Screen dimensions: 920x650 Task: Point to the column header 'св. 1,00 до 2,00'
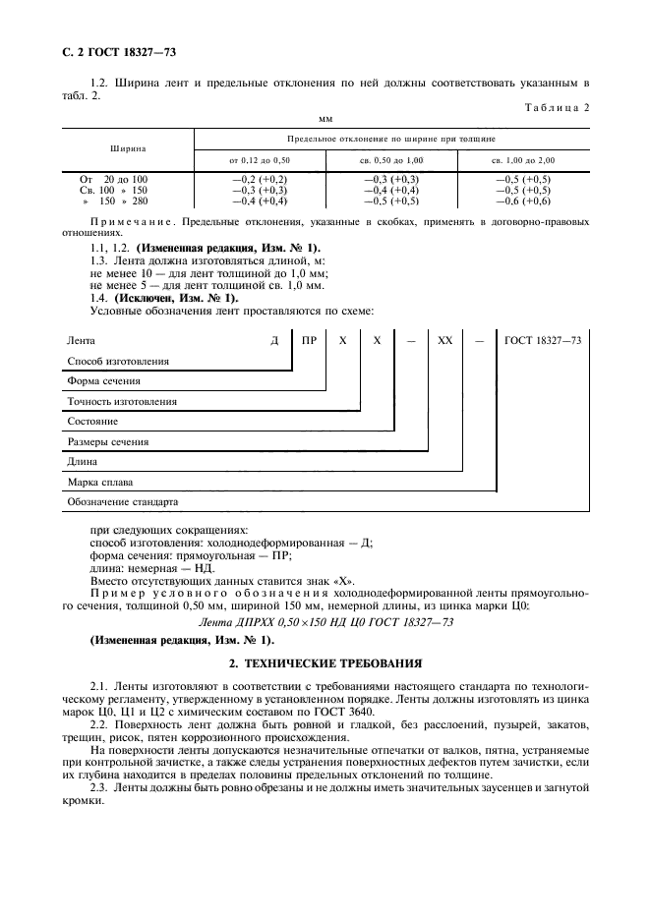pos(522,159)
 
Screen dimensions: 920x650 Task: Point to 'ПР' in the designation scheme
pos(310,339)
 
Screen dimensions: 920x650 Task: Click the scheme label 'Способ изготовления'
pos(117,361)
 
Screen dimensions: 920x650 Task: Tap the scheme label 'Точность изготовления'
pos(122,401)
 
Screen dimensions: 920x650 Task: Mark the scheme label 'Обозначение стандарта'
pos(122,502)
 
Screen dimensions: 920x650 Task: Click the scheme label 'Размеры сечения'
pos(107,441)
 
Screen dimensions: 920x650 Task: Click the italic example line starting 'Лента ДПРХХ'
pos(325,621)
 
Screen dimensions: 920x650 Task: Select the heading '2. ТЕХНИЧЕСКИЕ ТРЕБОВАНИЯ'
pos(325,663)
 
